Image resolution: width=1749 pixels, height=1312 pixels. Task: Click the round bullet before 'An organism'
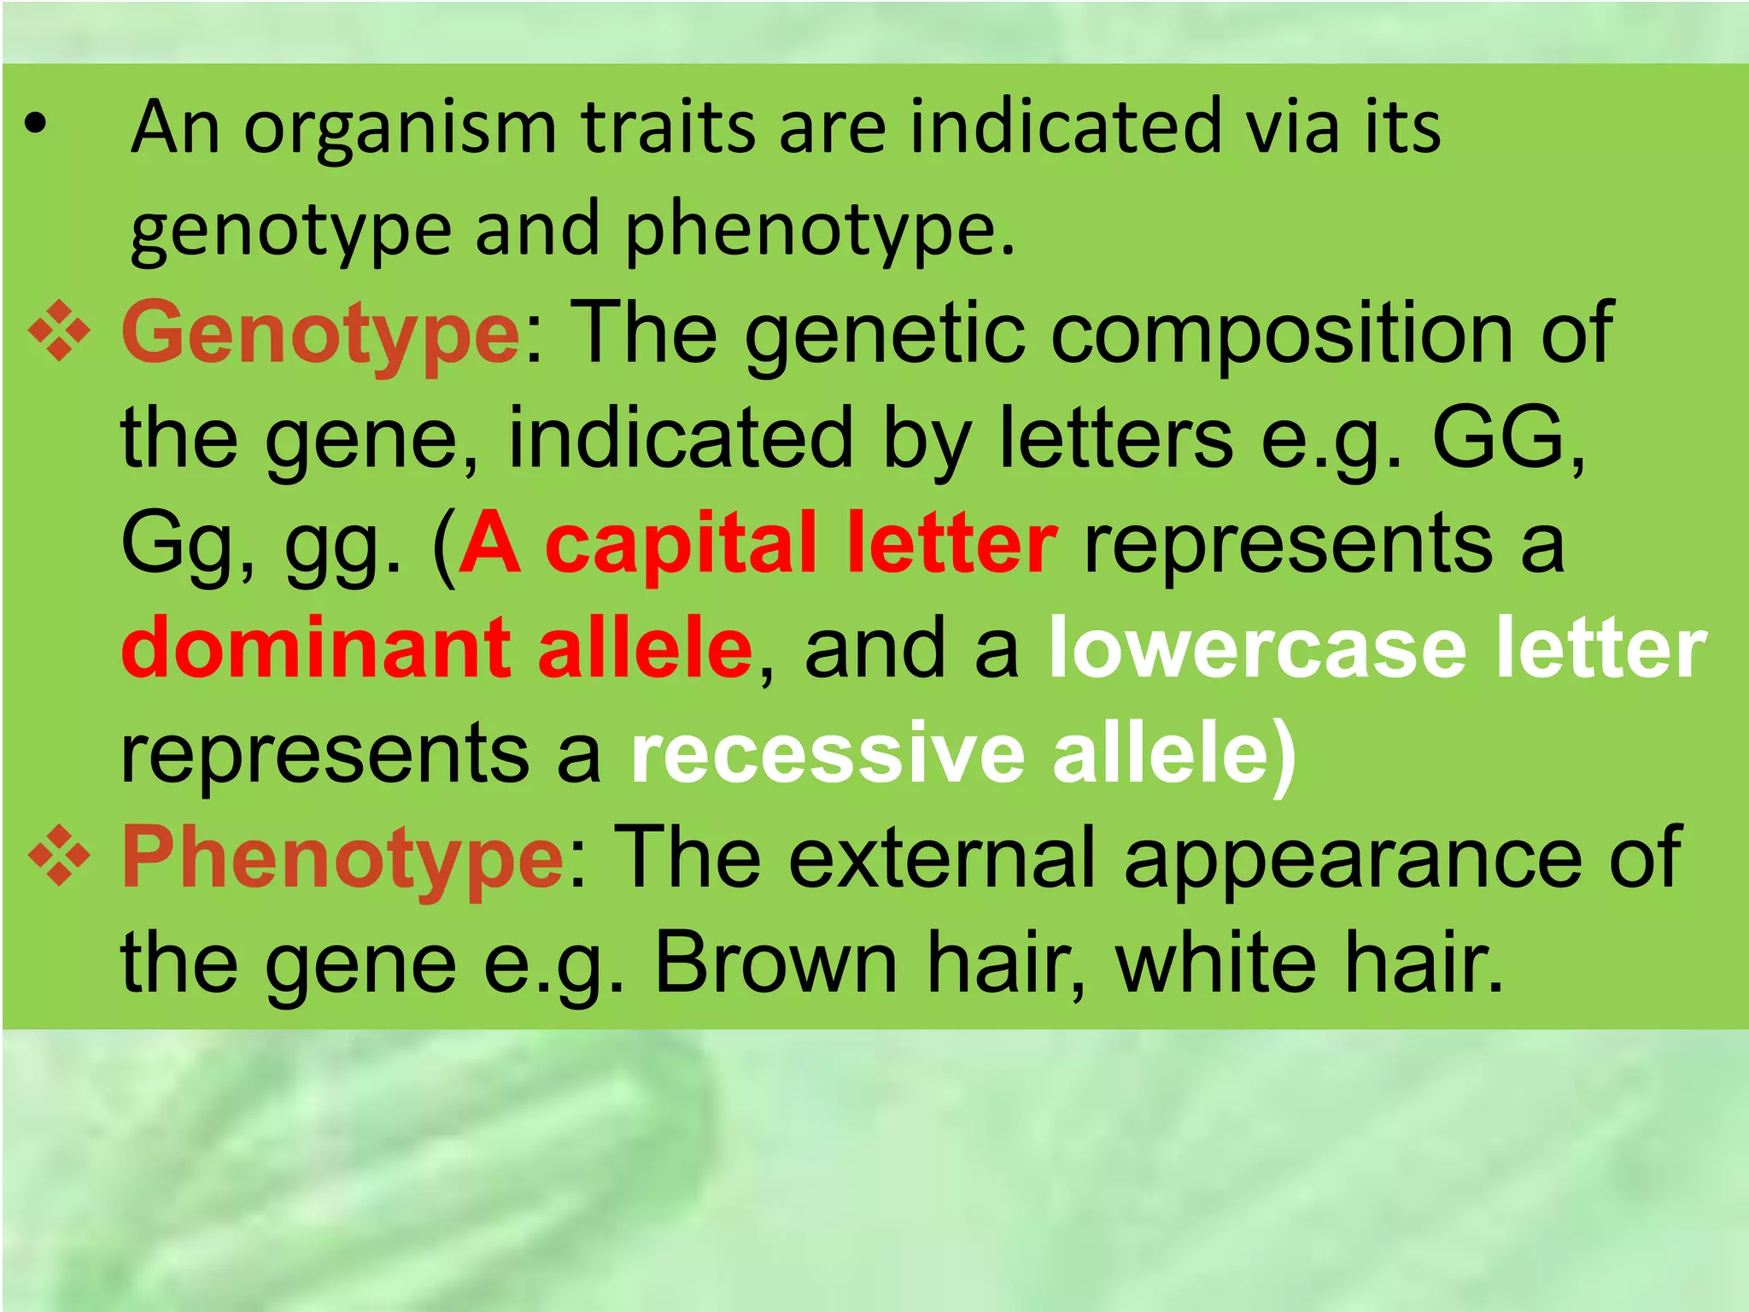tap(35, 127)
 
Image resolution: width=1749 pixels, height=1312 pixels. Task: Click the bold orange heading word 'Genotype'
tap(320, 335)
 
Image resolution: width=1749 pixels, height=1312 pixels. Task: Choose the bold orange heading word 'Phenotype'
tap(342, 859)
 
